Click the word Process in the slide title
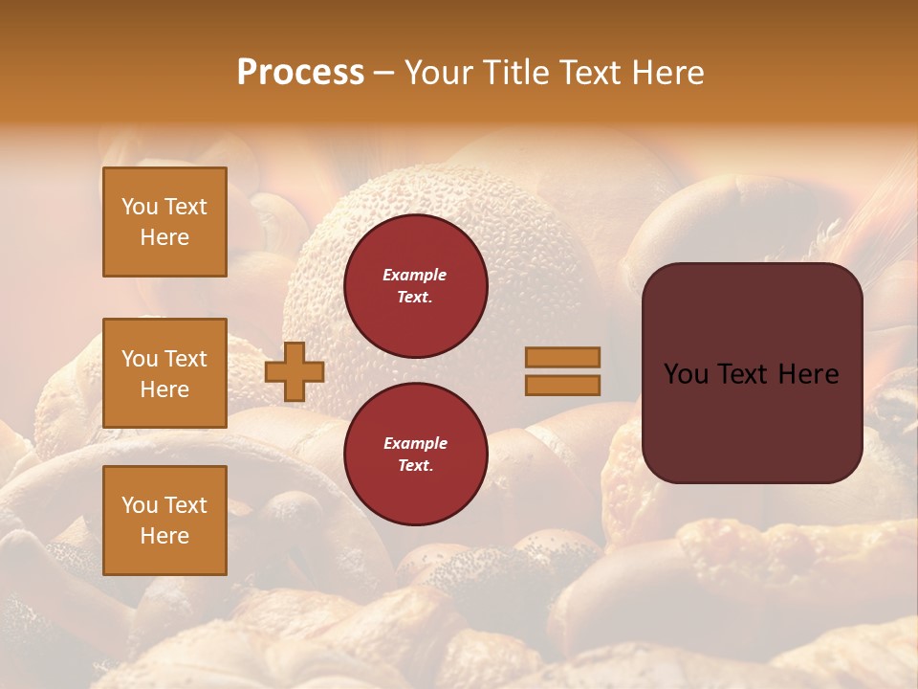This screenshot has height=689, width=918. coord(300,73)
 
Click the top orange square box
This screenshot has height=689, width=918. coord(164,222)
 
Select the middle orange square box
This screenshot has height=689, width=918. coord(164,373)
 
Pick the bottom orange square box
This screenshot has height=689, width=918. coord(164,520)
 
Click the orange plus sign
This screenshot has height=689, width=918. coord(295,371)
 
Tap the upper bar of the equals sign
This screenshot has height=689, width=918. coord(563,357)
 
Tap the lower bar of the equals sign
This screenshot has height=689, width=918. coord(563,385)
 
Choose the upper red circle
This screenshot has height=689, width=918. coord(415,286)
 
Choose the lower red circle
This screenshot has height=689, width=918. coord(415,454)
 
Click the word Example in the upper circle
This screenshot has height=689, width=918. coord(415,275)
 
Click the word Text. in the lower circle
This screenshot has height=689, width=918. coord(415,466)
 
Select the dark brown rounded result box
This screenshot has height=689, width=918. coord(752,373)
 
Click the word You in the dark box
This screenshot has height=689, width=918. coord(687,374)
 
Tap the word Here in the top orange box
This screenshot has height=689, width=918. coord(164,237)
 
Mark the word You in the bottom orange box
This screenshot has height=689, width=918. coord(141,505)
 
